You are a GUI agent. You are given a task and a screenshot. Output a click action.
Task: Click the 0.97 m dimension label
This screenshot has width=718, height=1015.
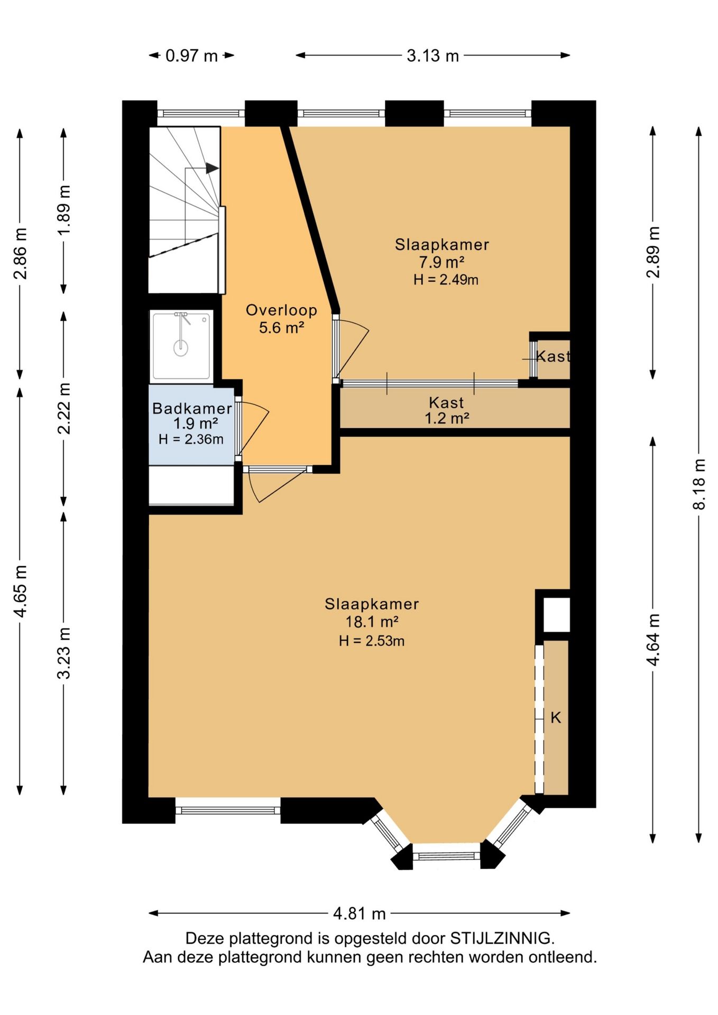tap(191, 56)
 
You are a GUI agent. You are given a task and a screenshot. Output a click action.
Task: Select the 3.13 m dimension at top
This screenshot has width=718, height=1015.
tap(432, 56)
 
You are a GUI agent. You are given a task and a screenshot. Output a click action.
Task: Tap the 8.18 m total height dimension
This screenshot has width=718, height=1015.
tap(699, 484)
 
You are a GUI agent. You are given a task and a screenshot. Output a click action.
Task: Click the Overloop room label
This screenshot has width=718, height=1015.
tap(281, 310)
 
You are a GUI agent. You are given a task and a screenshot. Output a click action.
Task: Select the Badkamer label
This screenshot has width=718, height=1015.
tap(192, 408)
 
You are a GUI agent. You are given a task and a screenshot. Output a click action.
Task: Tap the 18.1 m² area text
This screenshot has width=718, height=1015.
tap(372, 622)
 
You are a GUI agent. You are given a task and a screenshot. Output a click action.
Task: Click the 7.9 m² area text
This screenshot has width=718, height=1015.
tap(442, 262)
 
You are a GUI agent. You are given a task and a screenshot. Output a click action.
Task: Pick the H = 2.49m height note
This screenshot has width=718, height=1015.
tap(446, 280)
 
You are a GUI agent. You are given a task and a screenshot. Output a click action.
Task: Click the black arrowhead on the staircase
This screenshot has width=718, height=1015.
tap(212, 168)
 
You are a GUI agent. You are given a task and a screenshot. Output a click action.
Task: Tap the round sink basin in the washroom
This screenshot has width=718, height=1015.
tap(181, 347)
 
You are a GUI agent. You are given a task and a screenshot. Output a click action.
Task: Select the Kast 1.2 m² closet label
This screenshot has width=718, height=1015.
tap(447, 410)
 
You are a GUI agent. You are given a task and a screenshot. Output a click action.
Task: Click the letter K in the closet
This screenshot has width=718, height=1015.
tap(556, 717)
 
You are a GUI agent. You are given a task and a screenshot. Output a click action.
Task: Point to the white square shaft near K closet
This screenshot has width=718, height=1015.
tap(557, 614)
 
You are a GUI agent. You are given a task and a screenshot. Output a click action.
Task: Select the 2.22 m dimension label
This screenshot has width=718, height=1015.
tap(64, 408)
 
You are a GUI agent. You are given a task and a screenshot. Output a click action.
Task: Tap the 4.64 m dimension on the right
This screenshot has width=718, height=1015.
tap(653, 640)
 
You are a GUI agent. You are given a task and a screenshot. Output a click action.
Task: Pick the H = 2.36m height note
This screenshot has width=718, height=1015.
tap(191, 439)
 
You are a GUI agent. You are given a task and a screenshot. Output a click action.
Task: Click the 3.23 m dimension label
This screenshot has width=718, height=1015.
tap(64, 653)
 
